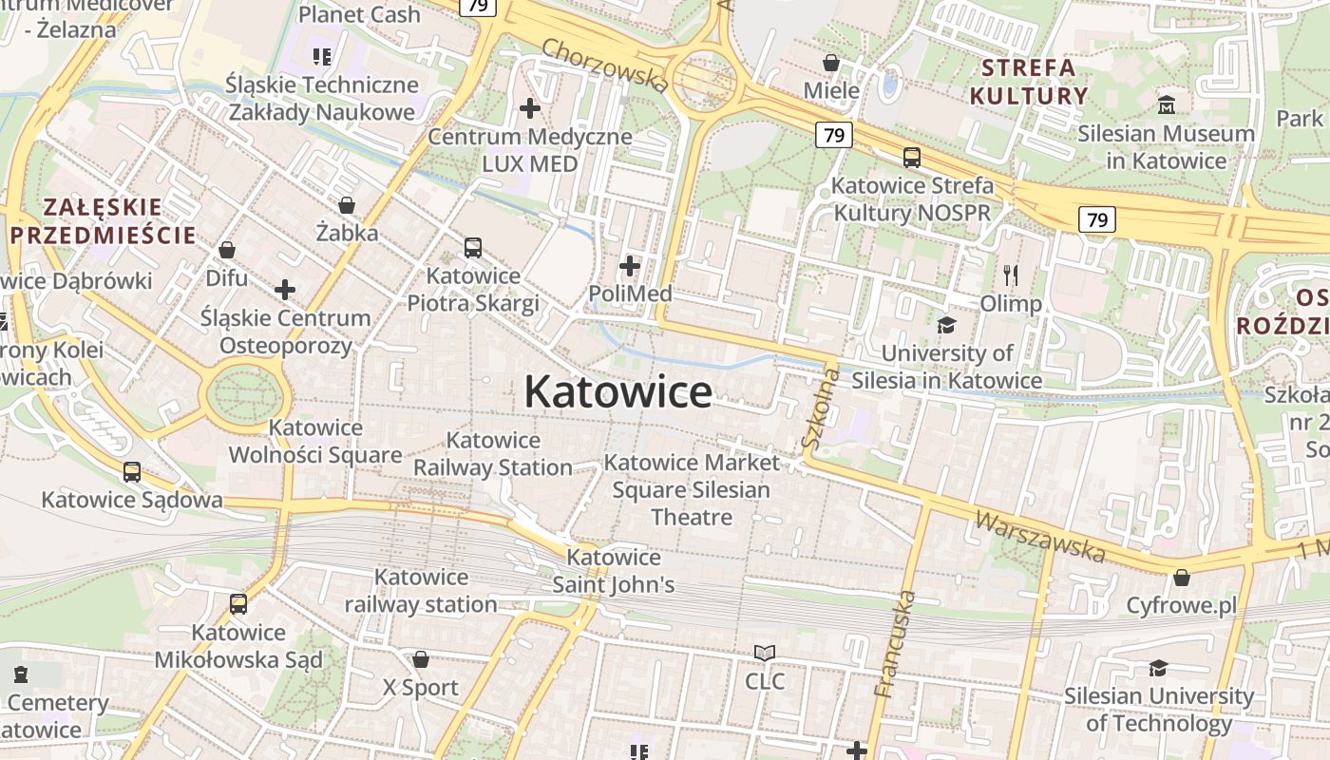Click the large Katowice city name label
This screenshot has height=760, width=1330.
coord(617,391)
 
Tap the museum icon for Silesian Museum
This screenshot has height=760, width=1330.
coord(1166,104)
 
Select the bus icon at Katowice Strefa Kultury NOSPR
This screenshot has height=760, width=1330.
coord(911,158)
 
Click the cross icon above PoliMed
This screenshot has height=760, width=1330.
coord(629,266)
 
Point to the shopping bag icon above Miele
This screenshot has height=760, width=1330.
coord(831,63)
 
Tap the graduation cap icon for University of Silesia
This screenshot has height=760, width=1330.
coord(946,326)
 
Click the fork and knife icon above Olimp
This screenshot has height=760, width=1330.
coord(1011,275)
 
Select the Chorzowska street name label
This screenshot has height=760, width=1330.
coord(605,65)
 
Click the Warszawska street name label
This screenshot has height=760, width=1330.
coord(1040,538)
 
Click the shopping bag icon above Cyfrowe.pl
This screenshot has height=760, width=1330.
coord(1182,578)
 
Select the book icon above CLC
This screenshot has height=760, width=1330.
coord(765,653)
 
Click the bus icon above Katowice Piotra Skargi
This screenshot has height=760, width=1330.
coord(473,248)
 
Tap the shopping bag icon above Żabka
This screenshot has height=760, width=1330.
coord(347,205)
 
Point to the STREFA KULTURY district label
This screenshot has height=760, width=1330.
coord(1028,81)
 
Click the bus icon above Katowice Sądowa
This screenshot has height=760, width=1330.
coord(132,471)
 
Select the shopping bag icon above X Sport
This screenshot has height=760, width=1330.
coord(421,659)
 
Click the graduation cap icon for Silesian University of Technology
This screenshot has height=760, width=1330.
coord(1158,669)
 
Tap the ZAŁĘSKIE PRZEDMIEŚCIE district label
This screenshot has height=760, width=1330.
coord(103,220)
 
